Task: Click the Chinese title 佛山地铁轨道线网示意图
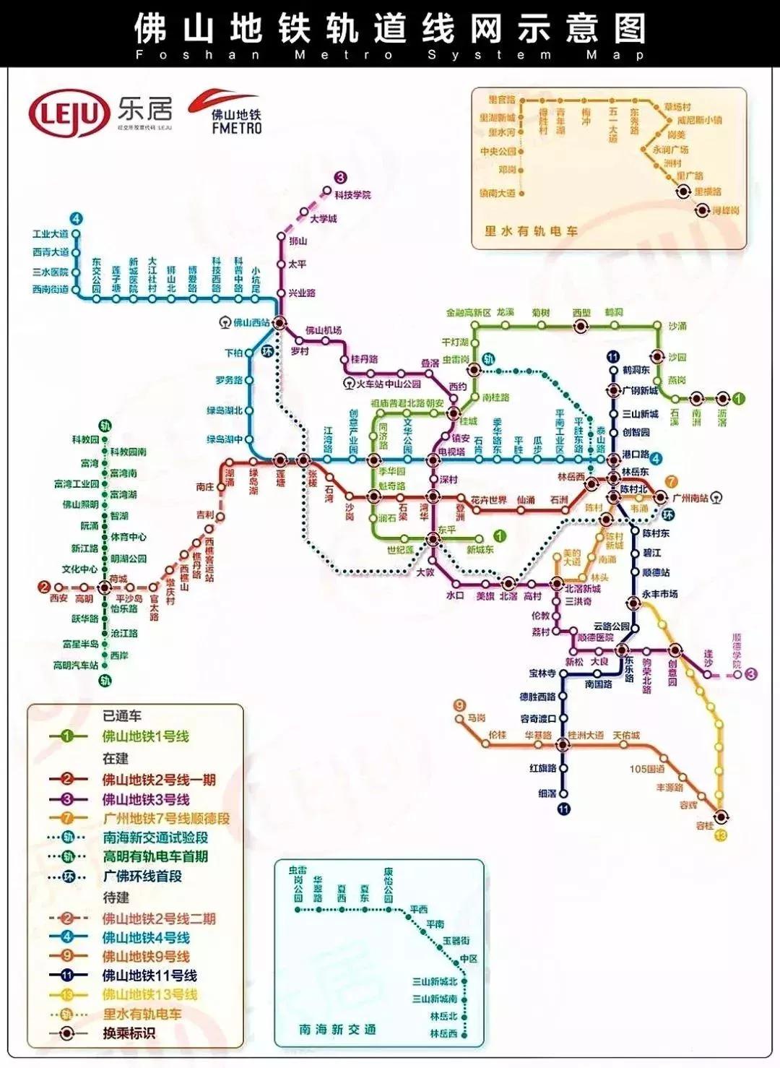coord(389,29)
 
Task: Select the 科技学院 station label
coord(352,195)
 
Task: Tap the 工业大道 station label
coord(51,234)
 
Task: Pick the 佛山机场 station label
coord(323,330)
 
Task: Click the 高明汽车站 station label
coord(76,665)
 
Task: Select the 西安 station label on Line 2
coord(58,598)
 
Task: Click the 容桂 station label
coord(704,825)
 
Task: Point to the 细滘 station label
coord(547,793)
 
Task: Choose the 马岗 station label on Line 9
coord(476,718)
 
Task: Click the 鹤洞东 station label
coord(636,370)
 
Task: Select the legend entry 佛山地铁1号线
coord(145,736)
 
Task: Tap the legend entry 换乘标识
coord(129,1033)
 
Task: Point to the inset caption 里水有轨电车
coord(531,231)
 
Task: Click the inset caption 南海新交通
coord(337,1029)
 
